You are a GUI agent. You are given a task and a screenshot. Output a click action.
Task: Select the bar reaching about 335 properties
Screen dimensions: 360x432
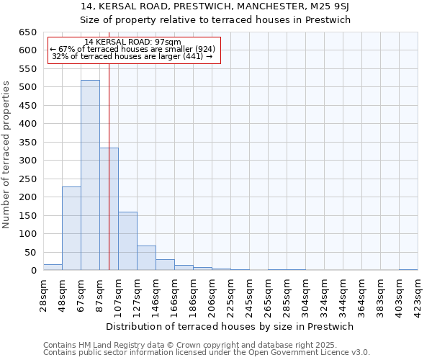[109, 209]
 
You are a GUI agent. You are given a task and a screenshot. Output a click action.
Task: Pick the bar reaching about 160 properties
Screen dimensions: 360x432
[127, 241]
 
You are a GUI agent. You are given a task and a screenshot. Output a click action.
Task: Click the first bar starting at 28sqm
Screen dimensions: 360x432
[53, 267]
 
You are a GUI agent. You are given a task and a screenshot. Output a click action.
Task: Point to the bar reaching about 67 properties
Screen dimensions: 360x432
[146, 258]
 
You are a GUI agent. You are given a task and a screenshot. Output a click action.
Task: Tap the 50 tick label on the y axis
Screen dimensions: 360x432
[30, 253]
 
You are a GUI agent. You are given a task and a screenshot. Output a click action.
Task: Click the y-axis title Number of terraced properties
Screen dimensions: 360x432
[6, 155]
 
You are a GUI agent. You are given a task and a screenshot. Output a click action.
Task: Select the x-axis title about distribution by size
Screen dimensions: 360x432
[234, 326]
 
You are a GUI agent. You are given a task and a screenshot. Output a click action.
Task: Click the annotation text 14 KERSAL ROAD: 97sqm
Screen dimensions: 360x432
[132, 42]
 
